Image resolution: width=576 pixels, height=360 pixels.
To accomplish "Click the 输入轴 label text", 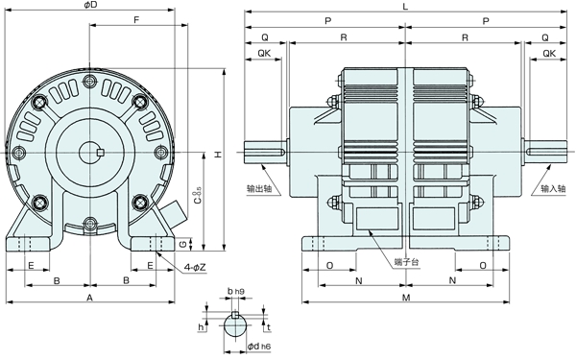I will [555, 189].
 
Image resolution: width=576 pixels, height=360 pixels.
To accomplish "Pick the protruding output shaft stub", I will [265, 151].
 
